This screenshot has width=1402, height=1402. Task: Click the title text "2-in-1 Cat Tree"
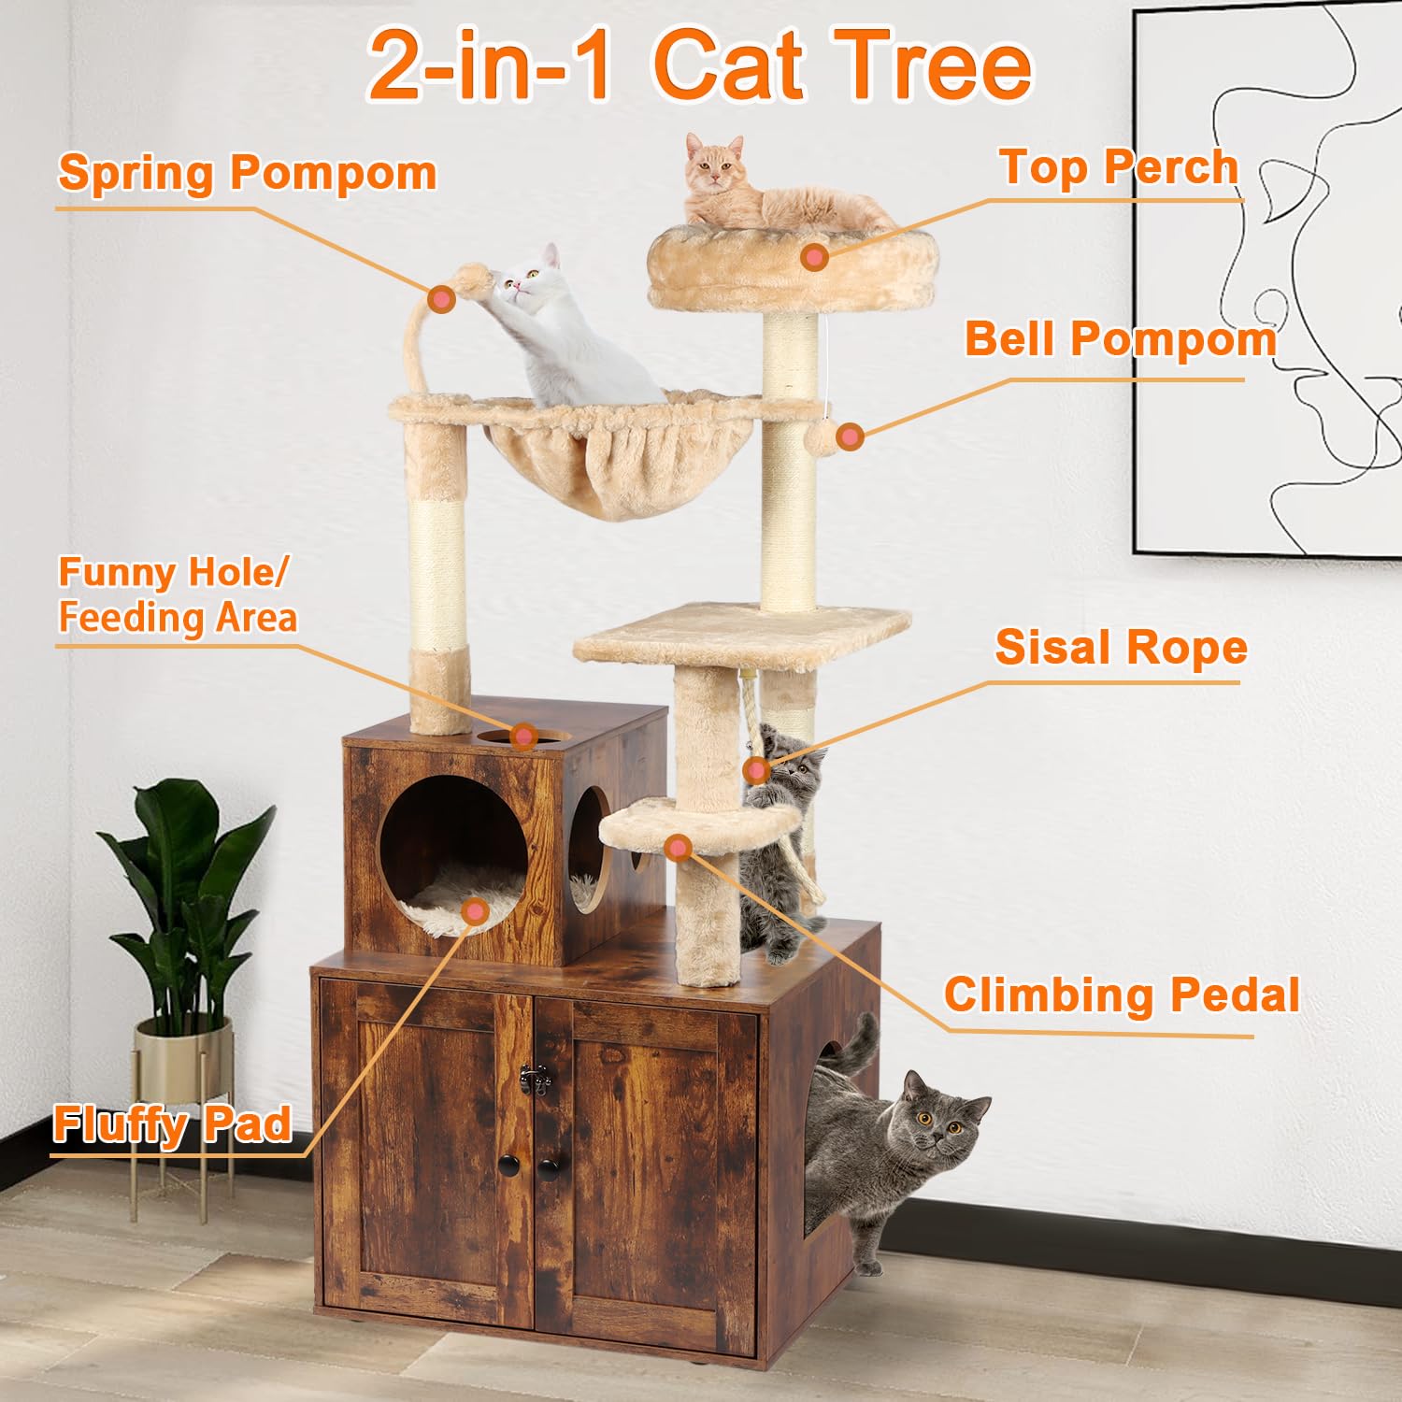click(699, 65)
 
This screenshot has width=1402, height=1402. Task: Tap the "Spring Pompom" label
click(247, 173)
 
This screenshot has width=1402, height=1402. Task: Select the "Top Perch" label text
click(1119, 167)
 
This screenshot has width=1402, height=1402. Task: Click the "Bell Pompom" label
click(1120, 338)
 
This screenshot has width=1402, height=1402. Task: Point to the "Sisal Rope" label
click(1121, 647)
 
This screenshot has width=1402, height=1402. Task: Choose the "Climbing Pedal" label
click(1121, 994)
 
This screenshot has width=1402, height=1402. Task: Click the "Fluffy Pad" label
click(172, 1123)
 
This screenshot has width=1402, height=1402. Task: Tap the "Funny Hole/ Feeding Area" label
click(178, 594)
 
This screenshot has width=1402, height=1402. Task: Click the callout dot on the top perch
click(815, 257)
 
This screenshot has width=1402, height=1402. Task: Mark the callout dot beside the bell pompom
click(849, 436)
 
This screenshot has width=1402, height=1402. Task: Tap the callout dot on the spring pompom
click(441, 299)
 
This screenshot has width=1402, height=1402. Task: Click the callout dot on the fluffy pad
click(476, 911)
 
